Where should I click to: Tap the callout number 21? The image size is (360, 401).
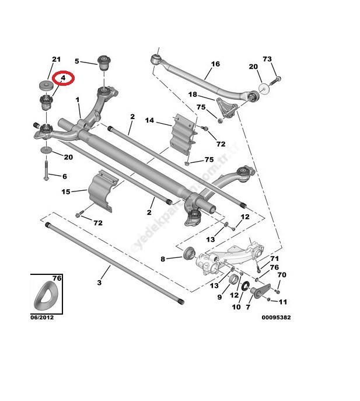(x=57, y=60)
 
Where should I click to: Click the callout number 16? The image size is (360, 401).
(x=215, y=64)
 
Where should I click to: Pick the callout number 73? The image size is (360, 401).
(x=267, y=60)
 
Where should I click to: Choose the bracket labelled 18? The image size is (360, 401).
(x=225, y=109)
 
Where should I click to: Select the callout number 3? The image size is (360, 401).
(x=99, y=283)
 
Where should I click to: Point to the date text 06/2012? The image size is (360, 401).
(x=42, y=318)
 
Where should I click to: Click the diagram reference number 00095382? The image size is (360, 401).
(x=276, y=318)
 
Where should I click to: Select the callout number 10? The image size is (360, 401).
(x=236, y=306)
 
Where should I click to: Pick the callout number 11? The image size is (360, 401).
(x=283, y=302)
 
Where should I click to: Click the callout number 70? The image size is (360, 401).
(x=281, y=276)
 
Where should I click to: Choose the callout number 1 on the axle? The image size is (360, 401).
(x=78, y=100)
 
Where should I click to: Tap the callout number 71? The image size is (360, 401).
(x=274, y=257)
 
